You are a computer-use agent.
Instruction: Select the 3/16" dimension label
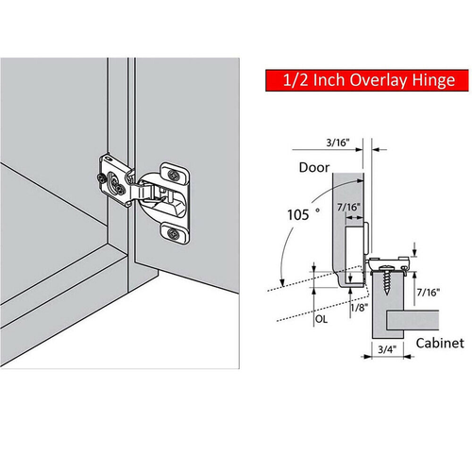336,143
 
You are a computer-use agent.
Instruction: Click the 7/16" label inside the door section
347,208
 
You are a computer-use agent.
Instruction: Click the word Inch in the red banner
329,82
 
